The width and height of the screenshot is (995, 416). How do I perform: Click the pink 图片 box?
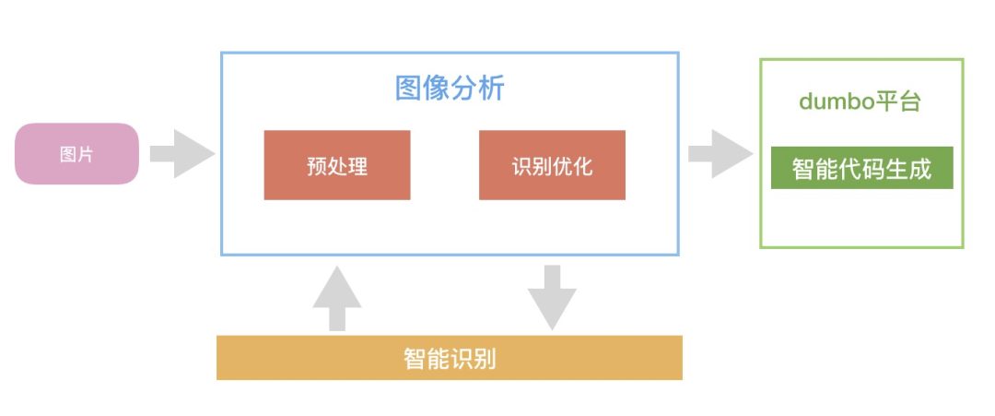point(76,153)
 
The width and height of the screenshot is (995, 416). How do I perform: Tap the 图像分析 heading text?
point(450,89)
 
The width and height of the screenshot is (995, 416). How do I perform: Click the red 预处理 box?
point(337,165)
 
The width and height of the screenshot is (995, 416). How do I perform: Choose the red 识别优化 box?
point(552,165)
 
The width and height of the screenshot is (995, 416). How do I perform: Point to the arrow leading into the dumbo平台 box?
point(720,153)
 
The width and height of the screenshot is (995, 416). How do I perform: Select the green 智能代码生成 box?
point(861,169)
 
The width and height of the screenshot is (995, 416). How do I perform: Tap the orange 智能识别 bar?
point(450,358)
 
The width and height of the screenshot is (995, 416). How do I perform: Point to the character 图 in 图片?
point(68,154)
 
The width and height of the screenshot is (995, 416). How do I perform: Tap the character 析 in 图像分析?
point(493,89)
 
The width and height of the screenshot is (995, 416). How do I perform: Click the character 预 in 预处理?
point(317,166)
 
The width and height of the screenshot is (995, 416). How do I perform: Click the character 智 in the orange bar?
point(415,359)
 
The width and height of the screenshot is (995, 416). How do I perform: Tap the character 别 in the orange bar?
point(485,359)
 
